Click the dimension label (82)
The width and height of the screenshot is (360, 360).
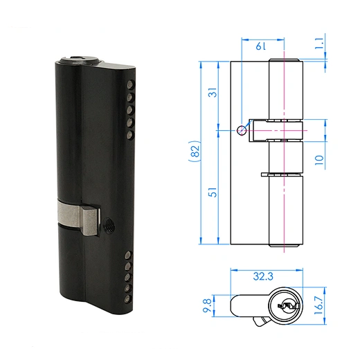coord(195,152)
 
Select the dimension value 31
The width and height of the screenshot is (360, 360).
coord(213,92)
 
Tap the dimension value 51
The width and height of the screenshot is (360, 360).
coord(213,192)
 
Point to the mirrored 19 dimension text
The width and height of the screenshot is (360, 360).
coord(260,46)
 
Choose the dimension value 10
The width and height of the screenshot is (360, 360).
coord(319,160)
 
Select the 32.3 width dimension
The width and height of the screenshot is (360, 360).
coord(263,276)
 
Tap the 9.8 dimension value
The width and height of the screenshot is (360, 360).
coord(207,305)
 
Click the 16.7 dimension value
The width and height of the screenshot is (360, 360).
coord(318,305)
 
